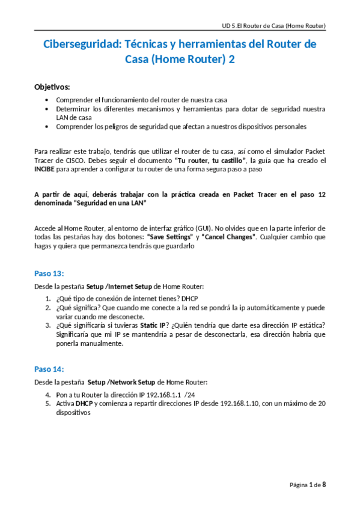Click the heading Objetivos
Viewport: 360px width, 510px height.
click(x=52, y=87)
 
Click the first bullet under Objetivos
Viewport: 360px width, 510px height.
click(x=48, y=100)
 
